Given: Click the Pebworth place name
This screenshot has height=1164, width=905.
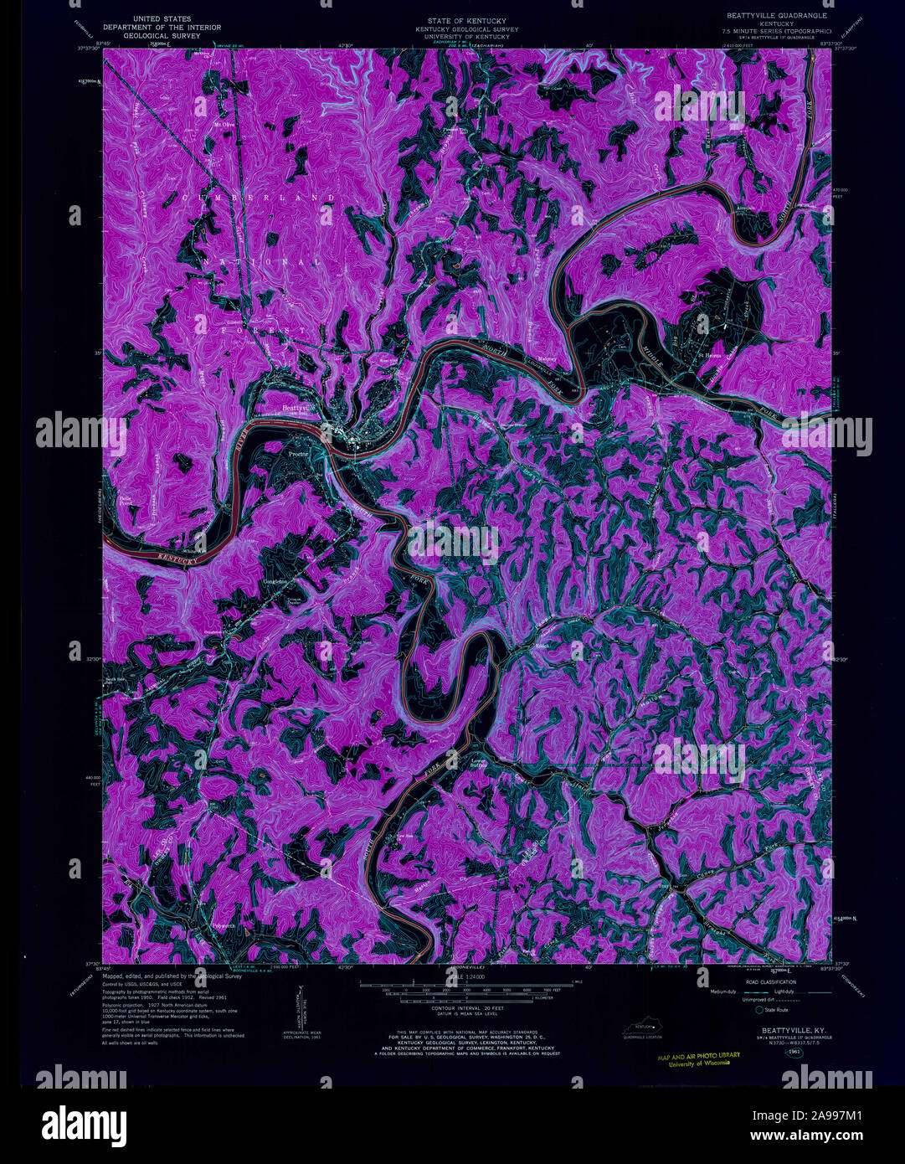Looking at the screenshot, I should coord(224,925).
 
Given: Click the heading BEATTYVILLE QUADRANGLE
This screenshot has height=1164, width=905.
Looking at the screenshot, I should coord(770,15).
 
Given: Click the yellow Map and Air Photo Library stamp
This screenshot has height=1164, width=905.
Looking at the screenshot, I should coord(699,1058).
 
